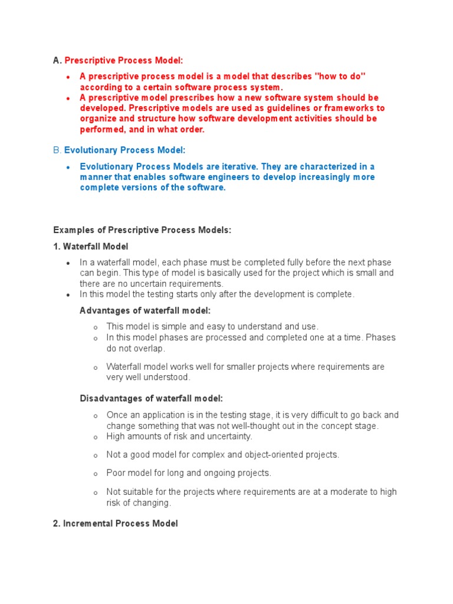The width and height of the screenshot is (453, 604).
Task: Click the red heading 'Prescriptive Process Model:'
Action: point(124,60)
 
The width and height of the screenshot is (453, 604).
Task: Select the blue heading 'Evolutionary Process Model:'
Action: point(124,150)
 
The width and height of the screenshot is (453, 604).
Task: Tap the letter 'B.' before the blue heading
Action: point(57,150)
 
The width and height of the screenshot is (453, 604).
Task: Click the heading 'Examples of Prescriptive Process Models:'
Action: point(142,230)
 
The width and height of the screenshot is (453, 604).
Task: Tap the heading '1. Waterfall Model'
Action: point(90,247)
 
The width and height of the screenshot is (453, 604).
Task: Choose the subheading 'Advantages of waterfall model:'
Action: point(145,310)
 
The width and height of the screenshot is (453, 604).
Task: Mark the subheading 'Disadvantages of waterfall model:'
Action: point(152,399)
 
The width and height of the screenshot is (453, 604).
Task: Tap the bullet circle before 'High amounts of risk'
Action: point(96,438)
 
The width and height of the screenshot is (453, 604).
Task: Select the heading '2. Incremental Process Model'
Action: point(115,523)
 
